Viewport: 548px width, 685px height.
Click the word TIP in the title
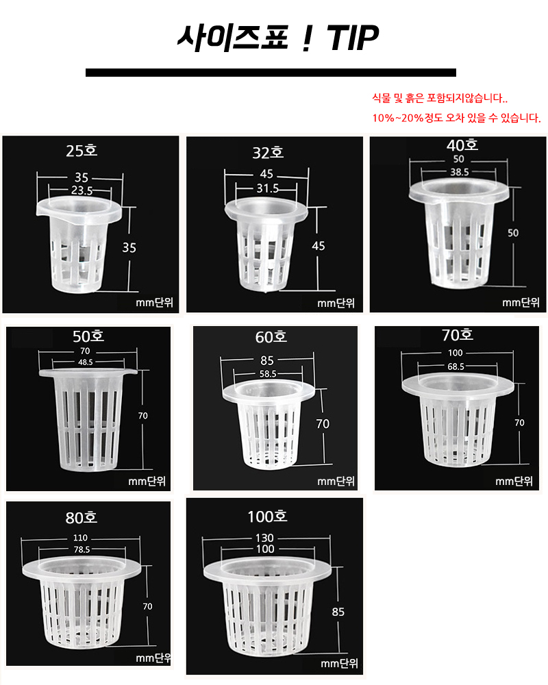tap(353, 38)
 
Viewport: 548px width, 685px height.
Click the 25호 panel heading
tap(82, 151)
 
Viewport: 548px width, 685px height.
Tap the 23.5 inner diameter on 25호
tap(82, 190)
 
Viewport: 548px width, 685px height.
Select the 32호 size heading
tap(268, 153)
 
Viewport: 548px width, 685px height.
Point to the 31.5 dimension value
tap(267, 188)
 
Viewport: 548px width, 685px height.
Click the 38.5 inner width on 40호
tap(460, 172)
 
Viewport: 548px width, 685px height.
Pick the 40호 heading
tap(462, 145)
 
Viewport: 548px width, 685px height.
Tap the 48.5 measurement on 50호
tap(85, 362)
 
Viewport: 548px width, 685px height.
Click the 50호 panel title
tap(88, 336)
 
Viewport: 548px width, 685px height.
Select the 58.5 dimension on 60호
tap(268, 374)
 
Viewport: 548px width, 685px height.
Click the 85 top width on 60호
tap(267, 360)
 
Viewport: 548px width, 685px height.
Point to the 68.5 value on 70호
tap(456, 366)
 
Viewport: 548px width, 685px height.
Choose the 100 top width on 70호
tap(456, 353)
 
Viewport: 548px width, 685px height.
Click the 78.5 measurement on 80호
tap(82, 549)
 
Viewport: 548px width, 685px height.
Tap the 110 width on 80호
tap(80, 538)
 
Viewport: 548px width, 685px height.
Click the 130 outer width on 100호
tap(265, 538)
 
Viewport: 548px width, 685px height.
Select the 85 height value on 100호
tap(338, 612)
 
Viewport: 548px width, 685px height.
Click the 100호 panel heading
tap(267, 516)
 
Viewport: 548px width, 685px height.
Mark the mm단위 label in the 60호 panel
tap(336, 481)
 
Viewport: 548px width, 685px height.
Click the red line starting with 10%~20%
tap(456, 118)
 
